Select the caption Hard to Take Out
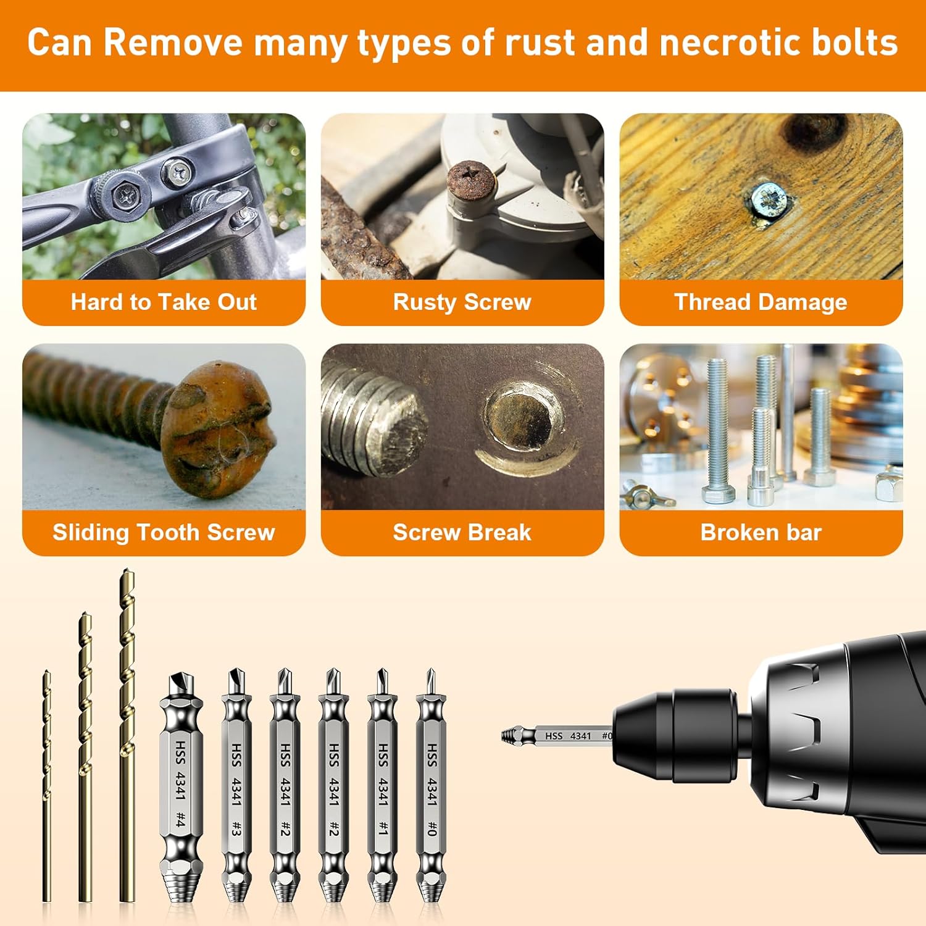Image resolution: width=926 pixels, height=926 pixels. point(164,302)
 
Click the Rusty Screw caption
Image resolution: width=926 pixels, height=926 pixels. point(462,302)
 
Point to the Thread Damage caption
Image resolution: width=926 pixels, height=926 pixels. point(761,302)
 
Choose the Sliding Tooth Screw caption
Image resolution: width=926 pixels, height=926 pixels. point(164,532)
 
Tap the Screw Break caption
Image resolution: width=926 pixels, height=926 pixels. point(462,532)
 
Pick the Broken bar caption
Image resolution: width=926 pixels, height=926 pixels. point(761,532)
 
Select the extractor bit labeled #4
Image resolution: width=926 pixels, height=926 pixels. point(180,784)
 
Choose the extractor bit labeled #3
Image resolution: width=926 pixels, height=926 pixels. point(235,784)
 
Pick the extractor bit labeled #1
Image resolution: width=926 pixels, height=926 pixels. point(382,784)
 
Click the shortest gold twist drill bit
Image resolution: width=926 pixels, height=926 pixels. point(47,784)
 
